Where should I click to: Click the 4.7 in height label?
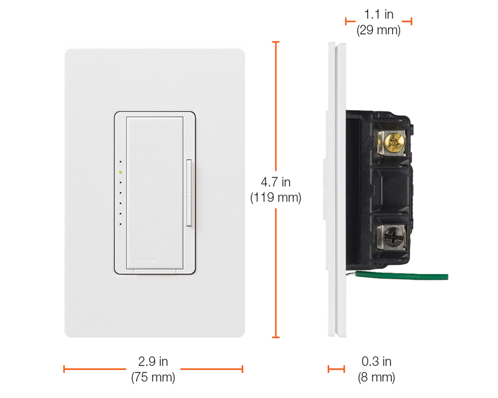pos(276,182)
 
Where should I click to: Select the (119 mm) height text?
pos(276,197)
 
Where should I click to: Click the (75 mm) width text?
pos(153,376)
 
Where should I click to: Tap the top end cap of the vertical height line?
pos(277,41)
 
